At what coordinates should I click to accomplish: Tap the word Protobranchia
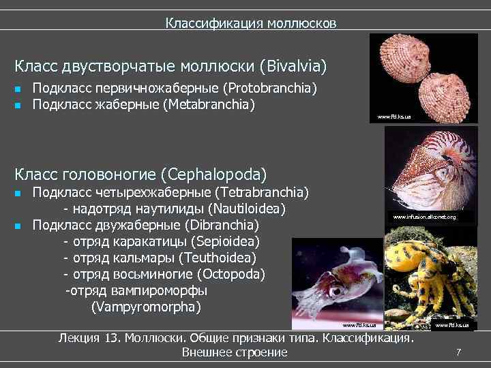271,89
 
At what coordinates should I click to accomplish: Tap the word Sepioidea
226,241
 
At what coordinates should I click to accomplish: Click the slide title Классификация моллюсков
250,24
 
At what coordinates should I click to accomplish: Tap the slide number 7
459,352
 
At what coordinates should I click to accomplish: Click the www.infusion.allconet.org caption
423,217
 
